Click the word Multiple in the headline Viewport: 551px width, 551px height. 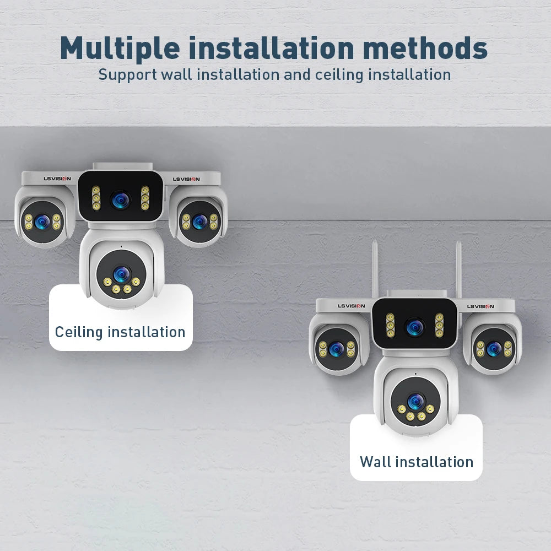click(x=120, y=48)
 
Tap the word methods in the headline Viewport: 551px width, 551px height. click(x=425, y=48)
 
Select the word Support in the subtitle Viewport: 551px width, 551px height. click(x=128, y=75)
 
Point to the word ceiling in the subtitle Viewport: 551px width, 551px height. click(x=339, y=75)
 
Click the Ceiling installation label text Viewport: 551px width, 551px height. click(x=120, y=332)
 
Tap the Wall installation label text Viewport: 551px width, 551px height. click(x=417, y=462)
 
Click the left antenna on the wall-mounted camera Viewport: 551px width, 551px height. click(x=375, y=269)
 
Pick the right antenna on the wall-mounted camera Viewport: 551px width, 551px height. click(x=458, y=269)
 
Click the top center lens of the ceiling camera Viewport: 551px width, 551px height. click(x=121, y=199)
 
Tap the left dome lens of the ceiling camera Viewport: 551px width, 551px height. click(x=42, y=222)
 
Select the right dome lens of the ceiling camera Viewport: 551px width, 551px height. click(x=199, y=222)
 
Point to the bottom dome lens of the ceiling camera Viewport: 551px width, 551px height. click(x=122, y=274)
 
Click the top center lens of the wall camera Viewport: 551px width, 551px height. click(x=415, y=327)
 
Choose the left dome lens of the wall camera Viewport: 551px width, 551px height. click(x=336, y=349)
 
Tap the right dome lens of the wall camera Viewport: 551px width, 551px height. click(x=494, y=349)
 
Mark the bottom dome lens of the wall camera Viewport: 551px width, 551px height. click(x=415, y=401)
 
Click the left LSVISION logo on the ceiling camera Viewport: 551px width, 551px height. click(x=57, y=179)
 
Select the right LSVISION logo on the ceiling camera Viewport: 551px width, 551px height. click(x=186, y=179)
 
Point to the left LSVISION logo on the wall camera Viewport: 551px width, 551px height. click(x=352, y=306)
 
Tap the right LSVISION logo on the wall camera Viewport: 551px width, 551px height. click(x=480, y=306)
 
